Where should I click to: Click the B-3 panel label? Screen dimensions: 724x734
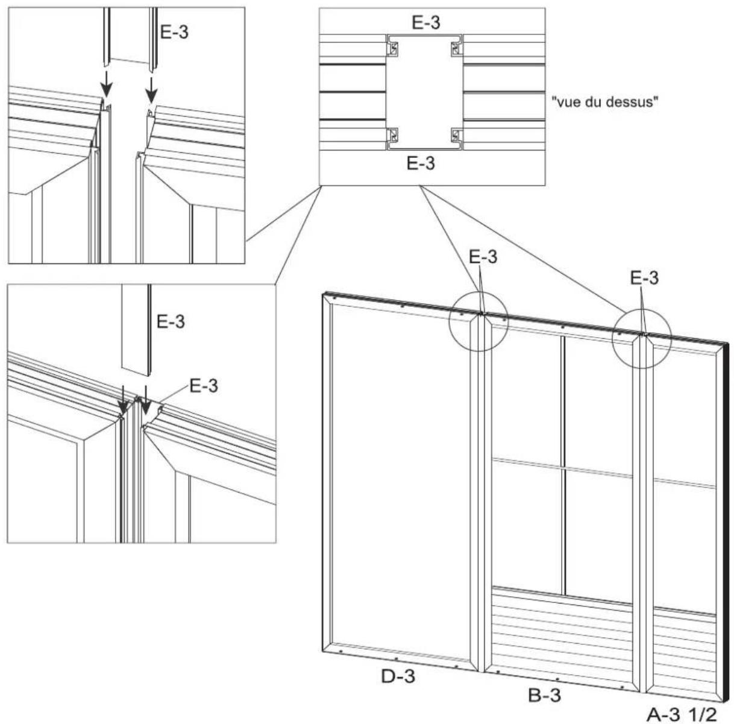coord(544,695)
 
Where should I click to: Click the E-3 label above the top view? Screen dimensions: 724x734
coord(425,23)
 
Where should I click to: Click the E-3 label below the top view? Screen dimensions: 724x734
coord(419,163)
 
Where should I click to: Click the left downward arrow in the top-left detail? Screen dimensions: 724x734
coord(105,86)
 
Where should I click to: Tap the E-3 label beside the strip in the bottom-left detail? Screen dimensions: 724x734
coord(171,321)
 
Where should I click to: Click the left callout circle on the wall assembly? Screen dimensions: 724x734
coord(479,321)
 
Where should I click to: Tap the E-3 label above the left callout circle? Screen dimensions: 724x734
coord(483,257)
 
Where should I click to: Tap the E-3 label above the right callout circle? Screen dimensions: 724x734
coord(644,277)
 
